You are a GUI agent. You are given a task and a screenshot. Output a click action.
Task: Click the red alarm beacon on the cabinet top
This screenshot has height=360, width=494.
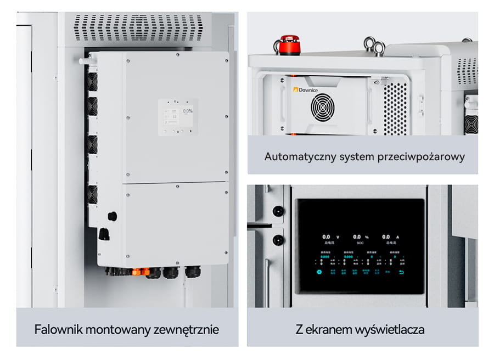(289, 45)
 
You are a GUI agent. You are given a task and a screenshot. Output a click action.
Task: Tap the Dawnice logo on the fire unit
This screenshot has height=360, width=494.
(308, 89)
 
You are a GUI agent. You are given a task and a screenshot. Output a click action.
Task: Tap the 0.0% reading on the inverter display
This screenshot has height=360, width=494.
(188, 111)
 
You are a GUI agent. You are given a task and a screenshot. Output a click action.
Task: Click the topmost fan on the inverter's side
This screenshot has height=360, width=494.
(92, 81)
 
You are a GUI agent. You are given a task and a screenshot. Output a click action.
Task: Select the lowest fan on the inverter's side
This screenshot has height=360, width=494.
(92, 193)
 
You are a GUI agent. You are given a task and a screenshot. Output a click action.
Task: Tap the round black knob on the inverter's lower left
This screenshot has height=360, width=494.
(112, 216)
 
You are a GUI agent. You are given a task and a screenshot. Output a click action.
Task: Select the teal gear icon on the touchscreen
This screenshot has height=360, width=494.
(318, 271)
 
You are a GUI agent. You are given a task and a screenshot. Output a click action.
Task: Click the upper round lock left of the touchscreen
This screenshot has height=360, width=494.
(277, 211)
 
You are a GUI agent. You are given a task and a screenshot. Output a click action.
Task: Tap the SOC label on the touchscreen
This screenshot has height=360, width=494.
(360, 242)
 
